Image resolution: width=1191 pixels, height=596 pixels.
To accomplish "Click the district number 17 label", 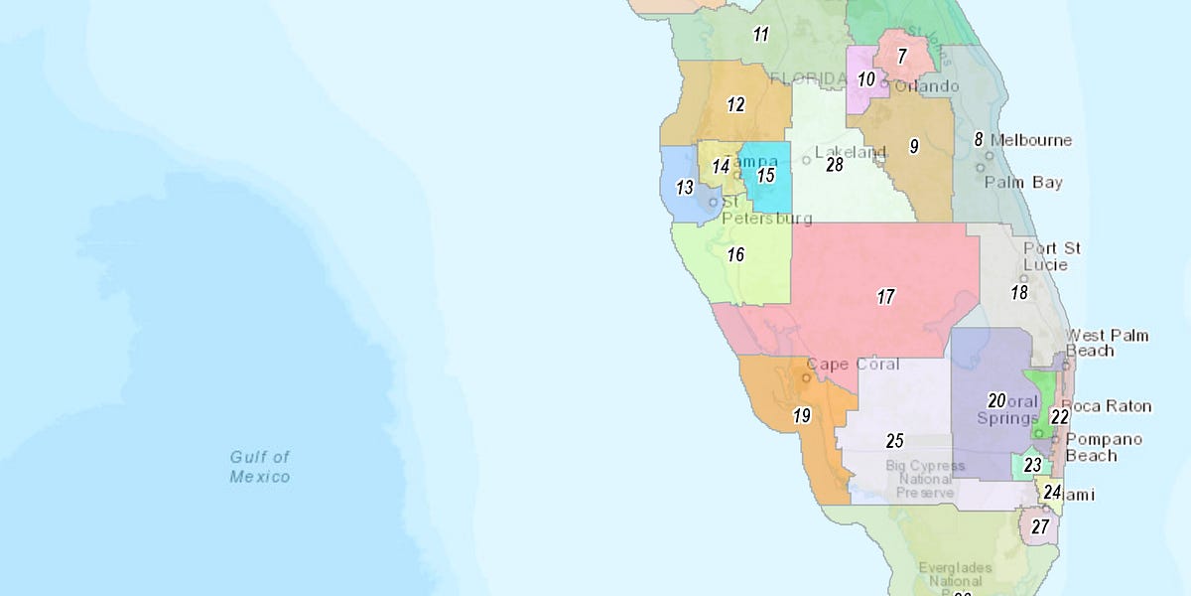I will pyautogui.click(x=885, y=296).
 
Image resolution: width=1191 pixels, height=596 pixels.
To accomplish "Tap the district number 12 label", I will pyautogui.click(x=735, y=104).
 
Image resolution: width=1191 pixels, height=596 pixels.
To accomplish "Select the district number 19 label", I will pyautogui.click(x=802, y=415).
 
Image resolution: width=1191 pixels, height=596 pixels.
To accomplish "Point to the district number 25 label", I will pyautogui.click(x=894, y=440).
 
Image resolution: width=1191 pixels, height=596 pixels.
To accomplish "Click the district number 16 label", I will pyautogui.click(x=734, y=254).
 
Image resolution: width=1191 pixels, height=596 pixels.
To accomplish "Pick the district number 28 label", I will pyautogui.click(x=835, y=165).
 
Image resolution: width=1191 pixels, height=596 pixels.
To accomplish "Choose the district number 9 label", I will pyautogui.click(x=913, y=146).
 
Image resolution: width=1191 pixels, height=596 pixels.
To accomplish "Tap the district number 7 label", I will pyautogui.click(x=901, y=57).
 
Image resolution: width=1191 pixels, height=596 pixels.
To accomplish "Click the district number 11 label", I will pyautogui.click(x=760, y=35).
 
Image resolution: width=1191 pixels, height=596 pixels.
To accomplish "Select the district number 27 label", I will pyautogui.click(x=1039, y=526).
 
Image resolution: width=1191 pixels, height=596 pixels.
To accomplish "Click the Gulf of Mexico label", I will pyautogui.click(x=260, y=467).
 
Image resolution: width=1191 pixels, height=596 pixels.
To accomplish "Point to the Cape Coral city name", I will pyautogui.click(x=853, y=365).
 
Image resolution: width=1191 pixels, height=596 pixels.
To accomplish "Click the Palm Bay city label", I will pyautogui.click(x=1023, y=183).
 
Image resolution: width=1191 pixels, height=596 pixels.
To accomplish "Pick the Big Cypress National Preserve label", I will pyautogui.click(x=925, y=479).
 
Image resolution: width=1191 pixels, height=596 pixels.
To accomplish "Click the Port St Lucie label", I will pyautogui.click(x=1052, y=256).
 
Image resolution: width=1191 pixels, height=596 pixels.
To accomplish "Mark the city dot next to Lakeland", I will pyautogui.click(x=806, y=159).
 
